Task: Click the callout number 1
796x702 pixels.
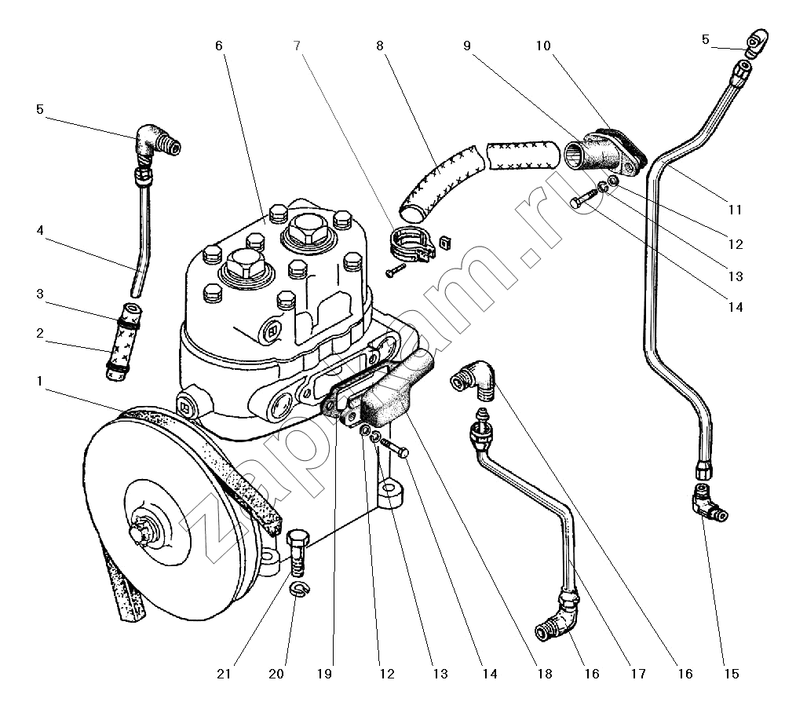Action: point(40,381)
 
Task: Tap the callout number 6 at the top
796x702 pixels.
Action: point(219,46)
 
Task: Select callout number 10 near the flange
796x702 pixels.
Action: point(543,46)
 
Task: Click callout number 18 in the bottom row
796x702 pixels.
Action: point(545,674)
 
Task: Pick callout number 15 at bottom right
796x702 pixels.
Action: point(731,674)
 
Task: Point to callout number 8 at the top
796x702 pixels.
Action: point(380,46)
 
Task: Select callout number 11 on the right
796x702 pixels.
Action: point(735,210)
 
